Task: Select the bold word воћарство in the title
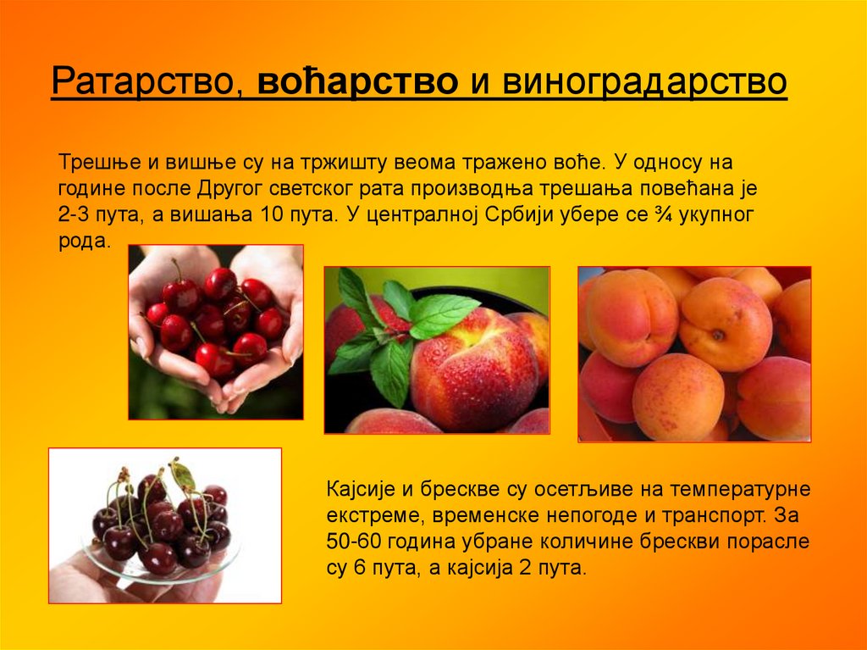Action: [358, 82]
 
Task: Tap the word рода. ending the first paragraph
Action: [85, 240]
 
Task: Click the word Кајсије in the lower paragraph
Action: [359, 489]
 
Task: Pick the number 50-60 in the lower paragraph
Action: [351, 541]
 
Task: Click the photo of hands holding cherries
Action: [216, 332]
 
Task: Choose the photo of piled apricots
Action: [694, 353]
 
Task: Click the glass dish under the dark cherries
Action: [144, 569]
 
